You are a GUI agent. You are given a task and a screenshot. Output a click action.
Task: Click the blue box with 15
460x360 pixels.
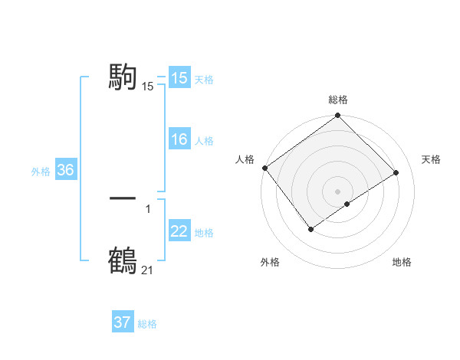tap(179, 78)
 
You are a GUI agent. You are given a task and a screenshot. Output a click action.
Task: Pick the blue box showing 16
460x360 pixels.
tap(179, 140)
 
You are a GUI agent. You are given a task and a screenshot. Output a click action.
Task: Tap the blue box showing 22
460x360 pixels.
tap(179, 232)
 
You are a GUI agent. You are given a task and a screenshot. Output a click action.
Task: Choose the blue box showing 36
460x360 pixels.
tap(65, 170)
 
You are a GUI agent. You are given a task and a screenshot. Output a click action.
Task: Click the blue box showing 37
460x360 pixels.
tap(122, 322)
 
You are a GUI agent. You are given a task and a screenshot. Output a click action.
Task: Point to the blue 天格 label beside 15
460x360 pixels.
tap(204, 79)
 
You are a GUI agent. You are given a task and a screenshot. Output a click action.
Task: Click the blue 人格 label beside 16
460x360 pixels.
tap(204, 141)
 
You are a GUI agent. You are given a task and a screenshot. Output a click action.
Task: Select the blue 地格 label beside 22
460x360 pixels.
tap(204, 233)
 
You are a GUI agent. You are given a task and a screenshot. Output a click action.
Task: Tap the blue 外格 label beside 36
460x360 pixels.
tap(41, 172)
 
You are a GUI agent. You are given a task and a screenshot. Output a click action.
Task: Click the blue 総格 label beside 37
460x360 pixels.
tap(147, 324)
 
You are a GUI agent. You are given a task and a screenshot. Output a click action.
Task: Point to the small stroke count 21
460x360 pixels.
tap(147, 270)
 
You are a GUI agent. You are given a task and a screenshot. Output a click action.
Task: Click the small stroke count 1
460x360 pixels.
tap(148, 208)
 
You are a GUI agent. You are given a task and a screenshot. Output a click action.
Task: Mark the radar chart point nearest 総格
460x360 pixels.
tap(338, 116)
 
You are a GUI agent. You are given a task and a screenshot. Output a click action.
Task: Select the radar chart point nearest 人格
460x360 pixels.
tap(264, 168)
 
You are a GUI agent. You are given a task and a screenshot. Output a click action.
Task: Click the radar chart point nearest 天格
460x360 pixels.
tap(396, 172)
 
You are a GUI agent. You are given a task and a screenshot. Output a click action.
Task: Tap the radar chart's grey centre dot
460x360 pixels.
tap(337, 191)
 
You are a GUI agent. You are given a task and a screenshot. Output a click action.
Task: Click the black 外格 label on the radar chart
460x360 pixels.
tap(270, 262)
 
